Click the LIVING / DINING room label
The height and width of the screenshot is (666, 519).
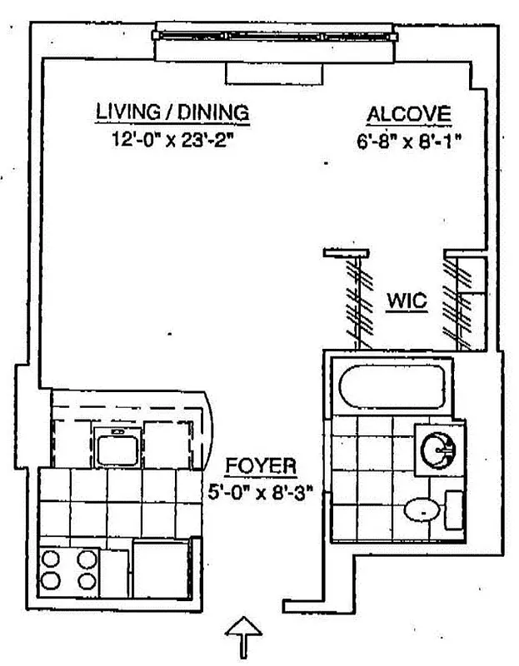172,112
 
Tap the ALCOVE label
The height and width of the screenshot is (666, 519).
409,115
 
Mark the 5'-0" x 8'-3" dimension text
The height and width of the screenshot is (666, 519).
260,490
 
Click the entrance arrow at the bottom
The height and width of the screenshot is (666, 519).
245,637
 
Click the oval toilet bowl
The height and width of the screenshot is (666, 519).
421,509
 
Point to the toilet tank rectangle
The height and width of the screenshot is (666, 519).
454,509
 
